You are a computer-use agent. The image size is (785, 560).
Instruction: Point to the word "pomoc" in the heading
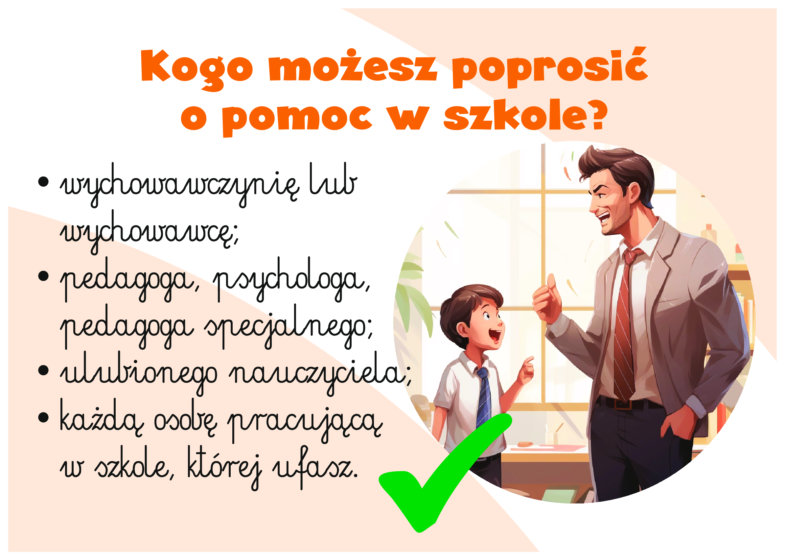coord(297,119)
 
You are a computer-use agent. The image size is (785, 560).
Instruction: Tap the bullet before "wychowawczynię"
coord(43,182)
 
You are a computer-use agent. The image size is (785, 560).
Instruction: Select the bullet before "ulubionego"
coord(43,370)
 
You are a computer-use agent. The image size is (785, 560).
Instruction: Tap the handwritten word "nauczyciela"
coord(319,374)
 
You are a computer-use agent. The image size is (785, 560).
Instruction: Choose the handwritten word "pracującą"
coord(305,422)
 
